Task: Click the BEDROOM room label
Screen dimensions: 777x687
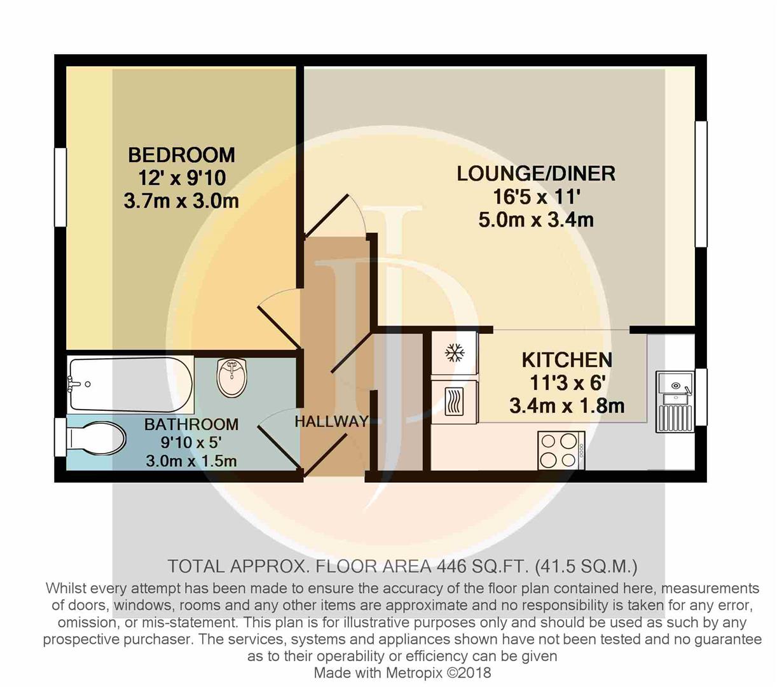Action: coord(181,155)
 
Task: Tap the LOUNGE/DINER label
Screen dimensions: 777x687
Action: coord(536,174)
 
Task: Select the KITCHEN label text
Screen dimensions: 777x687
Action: coord(567,360)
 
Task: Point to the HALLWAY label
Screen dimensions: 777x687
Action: coord(331,422)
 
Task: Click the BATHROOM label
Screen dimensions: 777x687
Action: coord(191,424)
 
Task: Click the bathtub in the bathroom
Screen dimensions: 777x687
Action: coord(130,384)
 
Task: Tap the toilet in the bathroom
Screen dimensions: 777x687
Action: coord(96,438)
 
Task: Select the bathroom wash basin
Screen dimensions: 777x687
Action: coord(231,378)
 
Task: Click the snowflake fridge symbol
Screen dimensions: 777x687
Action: coord(455,352)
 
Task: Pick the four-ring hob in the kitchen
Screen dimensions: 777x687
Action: coord(561,450)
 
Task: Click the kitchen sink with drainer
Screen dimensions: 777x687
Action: coord(675,401)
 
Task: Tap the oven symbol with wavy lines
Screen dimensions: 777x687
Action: coord(454,402)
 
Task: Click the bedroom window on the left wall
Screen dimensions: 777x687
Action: coord(60,187)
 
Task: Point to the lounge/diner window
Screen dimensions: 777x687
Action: coord(701,184)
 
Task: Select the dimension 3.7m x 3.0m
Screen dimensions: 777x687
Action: coord(181,201)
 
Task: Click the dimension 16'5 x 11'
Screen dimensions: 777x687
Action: coord(536,197)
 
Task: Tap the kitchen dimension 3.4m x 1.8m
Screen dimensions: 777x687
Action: coord(567,406)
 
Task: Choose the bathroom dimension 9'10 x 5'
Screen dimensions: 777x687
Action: coord(191,443)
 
